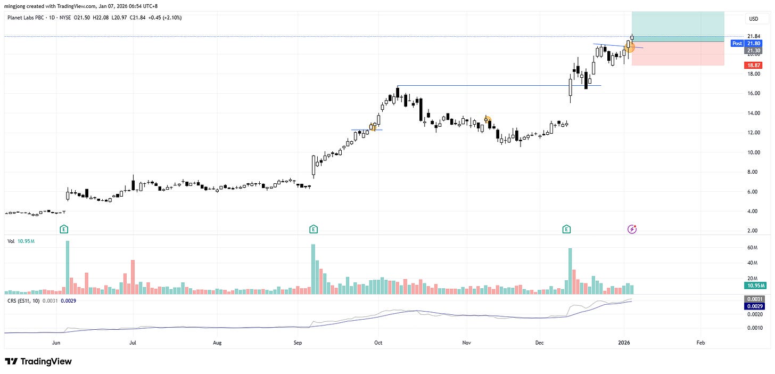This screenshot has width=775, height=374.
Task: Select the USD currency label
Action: point(753,19)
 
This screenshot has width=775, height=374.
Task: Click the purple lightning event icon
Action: point(632,229)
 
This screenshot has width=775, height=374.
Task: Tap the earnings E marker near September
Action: point(313,229)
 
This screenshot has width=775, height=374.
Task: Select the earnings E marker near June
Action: point(64,229)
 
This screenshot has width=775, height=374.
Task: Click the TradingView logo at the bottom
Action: point(38,362)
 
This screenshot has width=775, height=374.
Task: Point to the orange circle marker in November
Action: point(487,120)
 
